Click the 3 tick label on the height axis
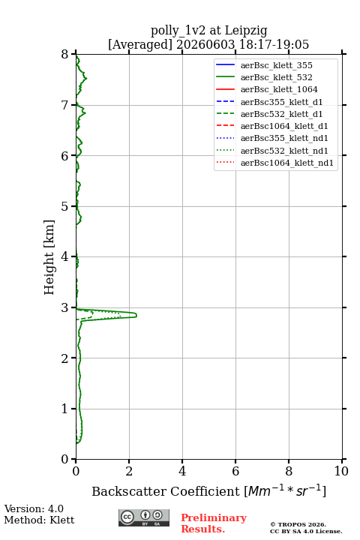pyautogui.click(x=65, y=307)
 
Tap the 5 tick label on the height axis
pyautogui.click(x=65, y=206)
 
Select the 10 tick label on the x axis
pyautogui.click(x=341, y=471)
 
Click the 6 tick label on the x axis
pyautogui.click(x=235, y=471)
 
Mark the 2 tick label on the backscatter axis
pyautogui.click(x=129, y=471)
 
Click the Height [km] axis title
pyautogui.click(x=49, y=257)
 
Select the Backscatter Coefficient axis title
pyautogui.click(x=208, y=490)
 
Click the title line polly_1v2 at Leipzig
pyautogui.click(x=208, y=31)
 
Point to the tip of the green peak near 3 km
pyautogui.click(x=136, y=315)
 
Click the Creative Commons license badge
pyautogui.click(x=144, y=517)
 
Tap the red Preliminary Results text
pyautogui.click(x=214, y=523)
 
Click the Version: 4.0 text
pyautogui.click(x=34, y=508)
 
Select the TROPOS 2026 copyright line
pyautogui.click(x=298, y=524)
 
